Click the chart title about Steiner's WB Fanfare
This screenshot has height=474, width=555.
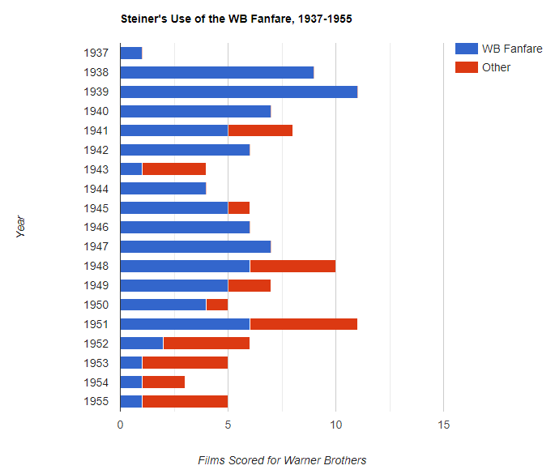236,18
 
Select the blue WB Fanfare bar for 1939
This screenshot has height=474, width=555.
238,92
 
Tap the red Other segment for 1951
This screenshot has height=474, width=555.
303,324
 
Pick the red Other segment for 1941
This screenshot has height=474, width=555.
260,130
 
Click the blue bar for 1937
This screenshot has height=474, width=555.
131,53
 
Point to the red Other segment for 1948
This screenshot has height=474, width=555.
292,266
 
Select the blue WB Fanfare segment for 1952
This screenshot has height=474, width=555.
142,344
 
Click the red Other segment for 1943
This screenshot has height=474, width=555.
174,169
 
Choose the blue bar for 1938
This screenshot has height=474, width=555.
217,72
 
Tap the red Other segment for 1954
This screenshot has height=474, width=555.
164,382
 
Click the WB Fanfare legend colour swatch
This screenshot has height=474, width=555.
466,49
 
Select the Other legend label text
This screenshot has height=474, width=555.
496,67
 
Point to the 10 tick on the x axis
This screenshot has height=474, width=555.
336,425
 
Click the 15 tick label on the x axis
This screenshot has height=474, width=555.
443,425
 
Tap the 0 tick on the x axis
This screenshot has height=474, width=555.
120,425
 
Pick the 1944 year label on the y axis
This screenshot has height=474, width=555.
96,189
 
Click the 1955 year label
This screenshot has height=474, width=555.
96,402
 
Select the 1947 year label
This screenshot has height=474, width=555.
96,246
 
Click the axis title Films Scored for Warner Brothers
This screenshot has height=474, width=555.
282,460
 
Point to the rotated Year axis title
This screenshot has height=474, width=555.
21,226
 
